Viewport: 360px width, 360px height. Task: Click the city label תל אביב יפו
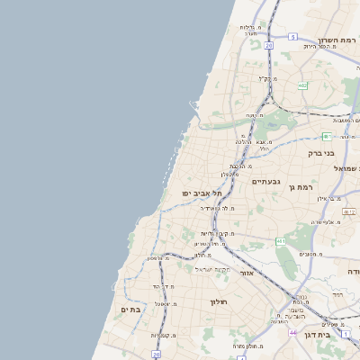200,193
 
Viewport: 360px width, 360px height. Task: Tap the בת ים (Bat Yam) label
130,309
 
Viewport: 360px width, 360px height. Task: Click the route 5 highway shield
292,37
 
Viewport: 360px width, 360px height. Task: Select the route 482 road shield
302,85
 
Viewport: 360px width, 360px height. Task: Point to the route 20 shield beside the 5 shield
268,43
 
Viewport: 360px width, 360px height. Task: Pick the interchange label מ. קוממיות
163,335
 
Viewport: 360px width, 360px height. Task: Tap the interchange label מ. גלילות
249,27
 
